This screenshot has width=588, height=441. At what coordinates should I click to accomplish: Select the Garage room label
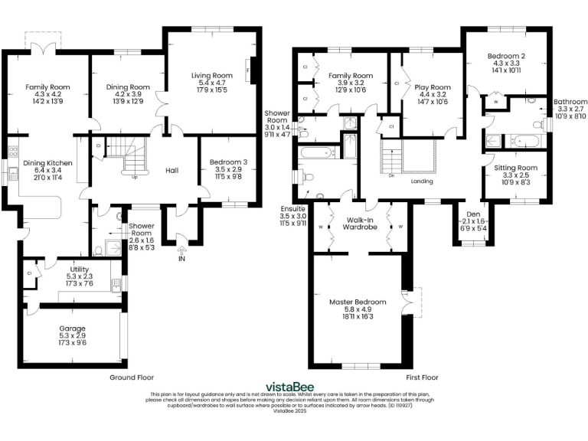pyautogui.click(x=73, y=328)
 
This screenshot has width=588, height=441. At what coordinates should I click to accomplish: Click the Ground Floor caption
pyautogui.click(x=132, y=377)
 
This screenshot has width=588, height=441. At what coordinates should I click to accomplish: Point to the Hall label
pyautogui.click(x=171, y=171)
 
